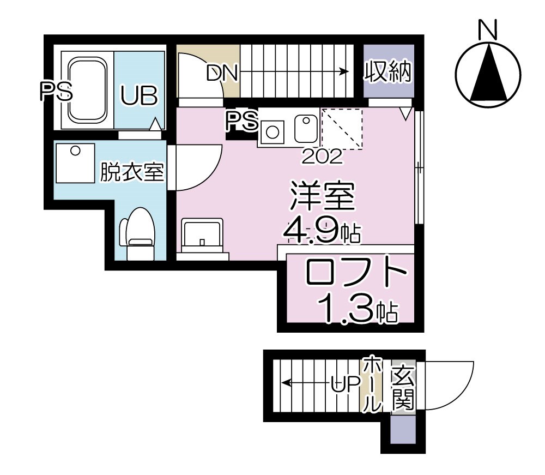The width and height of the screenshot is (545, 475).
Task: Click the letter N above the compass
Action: tap(487, 29)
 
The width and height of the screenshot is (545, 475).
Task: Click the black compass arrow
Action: tap(487, 76)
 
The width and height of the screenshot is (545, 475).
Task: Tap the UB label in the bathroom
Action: tap(139, 95)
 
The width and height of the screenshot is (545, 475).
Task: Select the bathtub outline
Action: tap(87, 90)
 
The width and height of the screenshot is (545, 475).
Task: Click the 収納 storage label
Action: tap(387, 73)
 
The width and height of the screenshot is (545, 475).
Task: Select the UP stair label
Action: tap(346, 384)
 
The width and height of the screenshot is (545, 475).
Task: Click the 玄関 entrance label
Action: tap(402, 388)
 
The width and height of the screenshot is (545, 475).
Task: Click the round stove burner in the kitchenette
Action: tap(272, 130)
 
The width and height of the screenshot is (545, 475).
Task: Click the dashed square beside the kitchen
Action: tap(342, 129)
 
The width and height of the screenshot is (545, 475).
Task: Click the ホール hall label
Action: tap(371, 384)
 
